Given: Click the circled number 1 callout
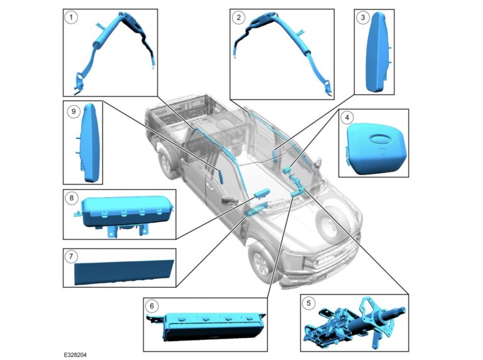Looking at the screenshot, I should click(72, 18).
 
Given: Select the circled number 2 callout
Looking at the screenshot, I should click(237, 18).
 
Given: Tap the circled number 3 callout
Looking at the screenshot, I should click(362, 18).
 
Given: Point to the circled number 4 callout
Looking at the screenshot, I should click(347, 118).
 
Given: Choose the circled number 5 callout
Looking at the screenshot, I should click(308, 303).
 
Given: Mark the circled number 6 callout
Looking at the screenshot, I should click(151, 306).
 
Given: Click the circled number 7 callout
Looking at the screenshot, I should click(72, 256).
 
